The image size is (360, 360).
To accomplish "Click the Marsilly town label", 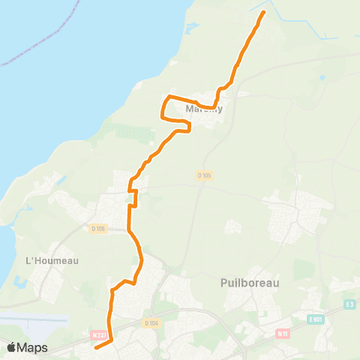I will pyautogui.click(x=204, y=109).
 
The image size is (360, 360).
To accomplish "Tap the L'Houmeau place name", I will pyautogui.click(x=52, y=261).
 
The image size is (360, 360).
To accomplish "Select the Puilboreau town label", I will pyautogui.click(x=250, y=283).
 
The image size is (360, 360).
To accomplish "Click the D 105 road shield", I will pyautogui.click(x=205, y=175).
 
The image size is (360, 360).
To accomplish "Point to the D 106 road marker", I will pyautogui.click(x=97, y=229).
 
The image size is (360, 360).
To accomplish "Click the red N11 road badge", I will pyautogui.click(x=283, y=333).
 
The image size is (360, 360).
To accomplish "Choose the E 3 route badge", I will pyautogui.click(x=349, y=304).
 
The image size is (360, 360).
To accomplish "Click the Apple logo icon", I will pyautogui.click(x=13, y=347).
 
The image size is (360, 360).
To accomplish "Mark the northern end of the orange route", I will pyautogui.click(x=263, y=13).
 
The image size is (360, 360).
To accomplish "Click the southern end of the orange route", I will pyautogui.click(x=95, y=348).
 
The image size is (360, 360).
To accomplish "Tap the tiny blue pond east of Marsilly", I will pyautogui.click(x=322, y=78).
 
